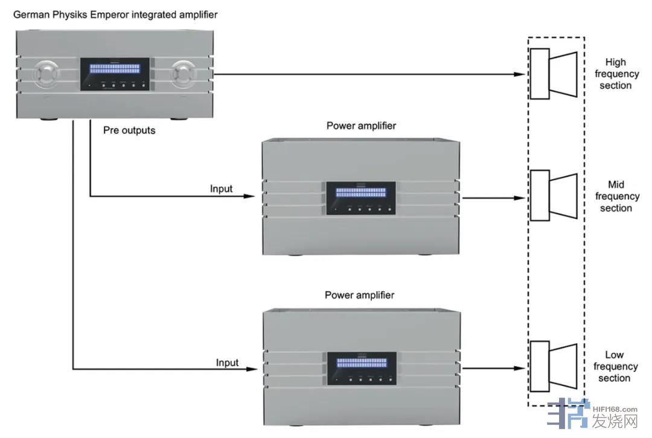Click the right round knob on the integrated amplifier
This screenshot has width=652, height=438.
pos(182,74)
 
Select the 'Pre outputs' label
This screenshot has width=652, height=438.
pos(129,130)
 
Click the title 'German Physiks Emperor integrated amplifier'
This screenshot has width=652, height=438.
pos(115,14)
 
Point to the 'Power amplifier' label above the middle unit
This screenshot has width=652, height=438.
pos(361,126)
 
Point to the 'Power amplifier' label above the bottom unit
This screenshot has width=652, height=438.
pos(360,295)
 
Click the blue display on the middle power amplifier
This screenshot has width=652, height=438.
pos(360,193)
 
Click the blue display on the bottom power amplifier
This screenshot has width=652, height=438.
pos(361,363)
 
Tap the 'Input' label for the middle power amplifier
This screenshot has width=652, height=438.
pos(221,188)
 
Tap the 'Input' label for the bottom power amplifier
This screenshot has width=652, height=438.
pos(227,362)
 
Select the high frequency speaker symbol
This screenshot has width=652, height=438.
pos(553,74)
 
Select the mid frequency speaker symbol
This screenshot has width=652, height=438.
pos(553,196)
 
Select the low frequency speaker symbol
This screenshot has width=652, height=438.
pos(553,367)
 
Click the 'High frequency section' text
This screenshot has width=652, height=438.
pos(616,74)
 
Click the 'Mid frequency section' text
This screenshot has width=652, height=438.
pos(616,196)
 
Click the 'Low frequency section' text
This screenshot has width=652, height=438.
pos(615,367)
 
